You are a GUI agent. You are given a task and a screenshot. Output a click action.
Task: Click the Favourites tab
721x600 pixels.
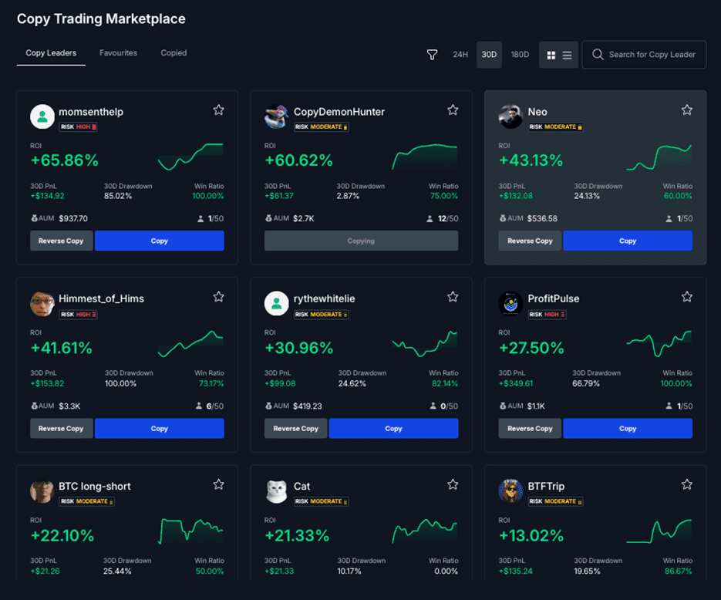[x=118, y=53]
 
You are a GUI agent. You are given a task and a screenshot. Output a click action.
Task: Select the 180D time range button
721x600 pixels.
[x=520, y=55]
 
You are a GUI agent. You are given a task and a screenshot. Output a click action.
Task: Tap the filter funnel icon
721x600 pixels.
[x=432, y=55]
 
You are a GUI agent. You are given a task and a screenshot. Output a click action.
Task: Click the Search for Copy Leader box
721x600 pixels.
[x=644, y=55]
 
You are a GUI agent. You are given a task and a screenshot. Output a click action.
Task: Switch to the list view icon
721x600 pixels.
[x=567, y=55]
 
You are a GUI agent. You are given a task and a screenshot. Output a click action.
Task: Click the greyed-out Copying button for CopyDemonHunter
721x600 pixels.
[x=361, y=241]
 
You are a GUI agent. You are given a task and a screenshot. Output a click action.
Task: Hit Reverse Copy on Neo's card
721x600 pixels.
[x=530, y=241]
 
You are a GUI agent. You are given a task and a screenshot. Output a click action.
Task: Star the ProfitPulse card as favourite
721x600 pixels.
[x=687, y=297]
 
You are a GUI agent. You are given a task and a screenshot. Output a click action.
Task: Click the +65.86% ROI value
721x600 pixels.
[x=65, y=160]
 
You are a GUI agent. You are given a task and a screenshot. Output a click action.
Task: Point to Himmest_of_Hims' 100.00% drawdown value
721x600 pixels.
[x=121, y=383]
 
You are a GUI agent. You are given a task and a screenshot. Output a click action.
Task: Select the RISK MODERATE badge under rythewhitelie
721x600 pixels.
[x=321, y=314]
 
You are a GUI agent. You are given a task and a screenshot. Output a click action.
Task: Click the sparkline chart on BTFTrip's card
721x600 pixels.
[x=659, y=532]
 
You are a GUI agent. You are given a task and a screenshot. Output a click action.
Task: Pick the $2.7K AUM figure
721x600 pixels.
[x=304, y=218]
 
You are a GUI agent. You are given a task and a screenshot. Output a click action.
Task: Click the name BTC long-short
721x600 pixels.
[x=95, y=486]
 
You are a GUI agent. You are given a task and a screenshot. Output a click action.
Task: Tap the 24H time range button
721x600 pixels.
[x=460, y=55]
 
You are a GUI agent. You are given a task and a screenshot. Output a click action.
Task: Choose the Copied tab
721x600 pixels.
[x=174, y=53]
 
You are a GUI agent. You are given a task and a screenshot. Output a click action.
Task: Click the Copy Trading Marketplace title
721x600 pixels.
[x=101, y=19]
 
